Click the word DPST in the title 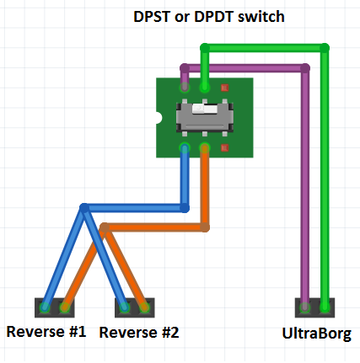pyautogui.click(x=152, y=17)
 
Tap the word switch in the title pyautogui.click(x=261, y=17)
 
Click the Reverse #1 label pyautogui.click(x=46, y=332)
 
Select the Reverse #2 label pyautogui.click(x=139, y=333)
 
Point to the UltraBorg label pyautogui.click(x=316, y=334)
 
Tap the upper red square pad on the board pyautogui.click(x=224, y=88)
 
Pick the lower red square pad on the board pyautogui.click(x=224, y=147)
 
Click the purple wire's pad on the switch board pyautogui.click(x=185, y=88)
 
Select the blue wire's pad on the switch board pyautogui.click(x=185, y=148)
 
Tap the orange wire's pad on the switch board pyautogui.click(x=205, y=148)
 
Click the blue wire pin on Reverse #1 pyautogui.click(x=45, y=307)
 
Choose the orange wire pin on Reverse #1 pyautogui.click(x=65, y=307)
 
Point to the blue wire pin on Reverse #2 pyautogui.click(x=125, y=307)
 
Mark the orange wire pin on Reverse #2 pyautogui.click(x=144, y=307)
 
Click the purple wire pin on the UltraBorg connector pyautogui.click(x=305, y=307)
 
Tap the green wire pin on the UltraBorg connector pyautogui.click(x=325, y=307)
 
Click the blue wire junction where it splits pyautogui.click(x=84, y=208)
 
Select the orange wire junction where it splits pyautogui.click(x=105, y=227)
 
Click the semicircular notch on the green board pyautogui.click(x=159, y=118)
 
